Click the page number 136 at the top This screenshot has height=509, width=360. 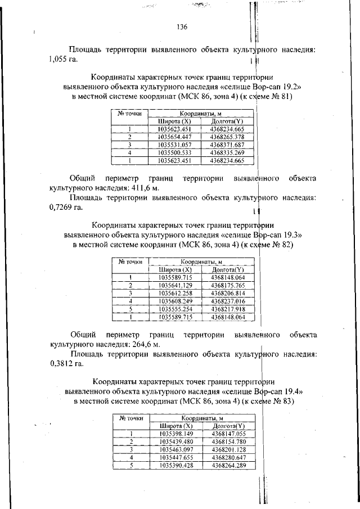pyautogui.click(x=181, y=27)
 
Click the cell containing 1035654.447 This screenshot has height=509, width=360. pyautogui.click(x=175, y=137)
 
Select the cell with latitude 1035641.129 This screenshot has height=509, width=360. pyautogui.click(x=175, y=285)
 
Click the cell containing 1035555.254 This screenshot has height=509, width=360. pyautogui.click(x=175, y=309)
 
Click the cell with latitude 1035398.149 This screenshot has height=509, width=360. pyautogui.click(x=176, y=434)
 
